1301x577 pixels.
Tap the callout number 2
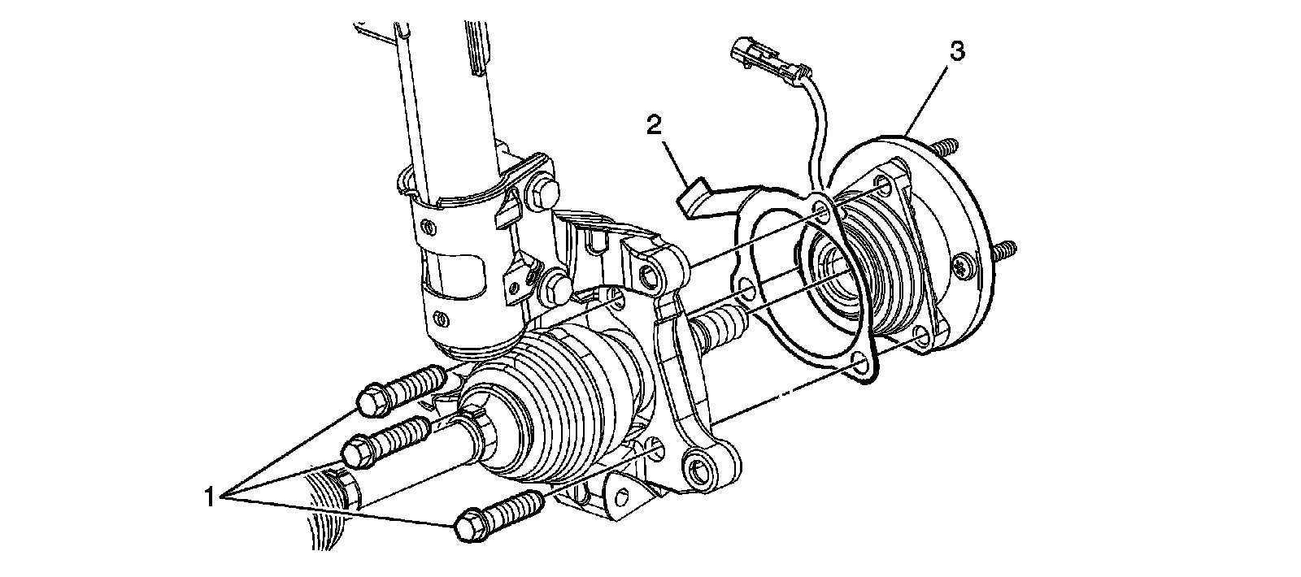[653, 125]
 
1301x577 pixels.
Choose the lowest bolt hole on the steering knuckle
[697, 470]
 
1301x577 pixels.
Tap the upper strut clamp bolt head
[546, 192]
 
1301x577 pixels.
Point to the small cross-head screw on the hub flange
[966, 267]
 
